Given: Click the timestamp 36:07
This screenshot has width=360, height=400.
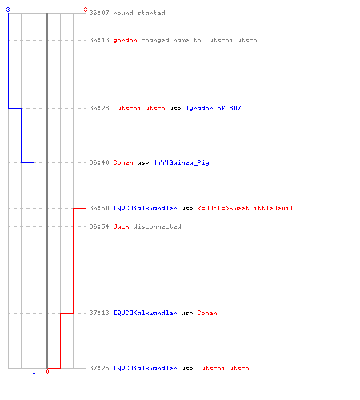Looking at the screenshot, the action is point(99,13).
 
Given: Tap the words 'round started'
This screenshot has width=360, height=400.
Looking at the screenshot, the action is point(139,13).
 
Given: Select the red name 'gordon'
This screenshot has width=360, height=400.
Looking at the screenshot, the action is point(125,40).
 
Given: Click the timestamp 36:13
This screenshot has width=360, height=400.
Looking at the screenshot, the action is point(99,40).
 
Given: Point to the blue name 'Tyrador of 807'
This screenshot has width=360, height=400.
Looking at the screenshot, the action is point(213,108).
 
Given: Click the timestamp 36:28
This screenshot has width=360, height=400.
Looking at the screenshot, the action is point(99,108).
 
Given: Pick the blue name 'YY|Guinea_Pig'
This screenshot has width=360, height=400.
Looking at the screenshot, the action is point(182,162).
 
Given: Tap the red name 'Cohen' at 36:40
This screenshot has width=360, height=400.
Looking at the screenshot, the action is point(123,162).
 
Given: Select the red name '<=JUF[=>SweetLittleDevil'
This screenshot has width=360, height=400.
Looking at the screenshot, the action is point(245,208).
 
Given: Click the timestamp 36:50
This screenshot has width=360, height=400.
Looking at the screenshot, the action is point(99,208).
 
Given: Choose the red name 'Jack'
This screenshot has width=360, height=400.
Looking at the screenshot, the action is point(121,226).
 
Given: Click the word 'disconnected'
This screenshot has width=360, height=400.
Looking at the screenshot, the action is point(157,226).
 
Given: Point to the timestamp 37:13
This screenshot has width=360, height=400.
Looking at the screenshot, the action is point(99,313).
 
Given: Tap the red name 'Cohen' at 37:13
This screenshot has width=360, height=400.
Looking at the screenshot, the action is point(207,313).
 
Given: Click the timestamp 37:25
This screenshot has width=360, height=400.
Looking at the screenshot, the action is point(99,368).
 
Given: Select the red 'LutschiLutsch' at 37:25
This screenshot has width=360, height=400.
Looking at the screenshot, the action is point(223,368).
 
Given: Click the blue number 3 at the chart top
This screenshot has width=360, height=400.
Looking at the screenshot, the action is point(8,10).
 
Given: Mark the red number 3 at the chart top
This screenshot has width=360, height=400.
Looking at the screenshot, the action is point(86,10).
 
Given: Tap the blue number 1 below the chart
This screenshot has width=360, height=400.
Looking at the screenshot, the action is point(34,371).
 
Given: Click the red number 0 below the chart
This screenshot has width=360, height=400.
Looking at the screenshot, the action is point(47,371).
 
